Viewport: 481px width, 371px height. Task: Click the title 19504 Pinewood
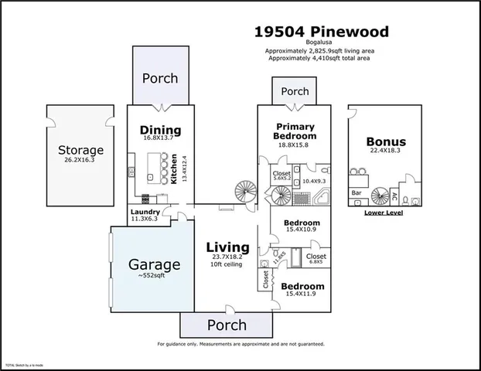[322, 32]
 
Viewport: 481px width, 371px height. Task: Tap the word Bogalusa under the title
[322, 44]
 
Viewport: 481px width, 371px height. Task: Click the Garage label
[155, 264]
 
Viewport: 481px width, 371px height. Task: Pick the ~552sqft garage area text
[155, 277]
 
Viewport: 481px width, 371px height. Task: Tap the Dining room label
[160, 130]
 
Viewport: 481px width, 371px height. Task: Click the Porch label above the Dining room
[160, 78]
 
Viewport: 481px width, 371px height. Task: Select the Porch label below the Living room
[227, 325]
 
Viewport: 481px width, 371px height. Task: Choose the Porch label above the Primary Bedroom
[295, 91]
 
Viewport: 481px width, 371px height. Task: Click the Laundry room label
[145, 212]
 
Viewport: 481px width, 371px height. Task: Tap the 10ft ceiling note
[227, 265]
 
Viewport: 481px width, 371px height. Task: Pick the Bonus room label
[385, 142]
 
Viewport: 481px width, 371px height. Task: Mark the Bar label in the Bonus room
[357, 192]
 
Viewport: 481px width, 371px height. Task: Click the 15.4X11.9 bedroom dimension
[297, 294]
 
